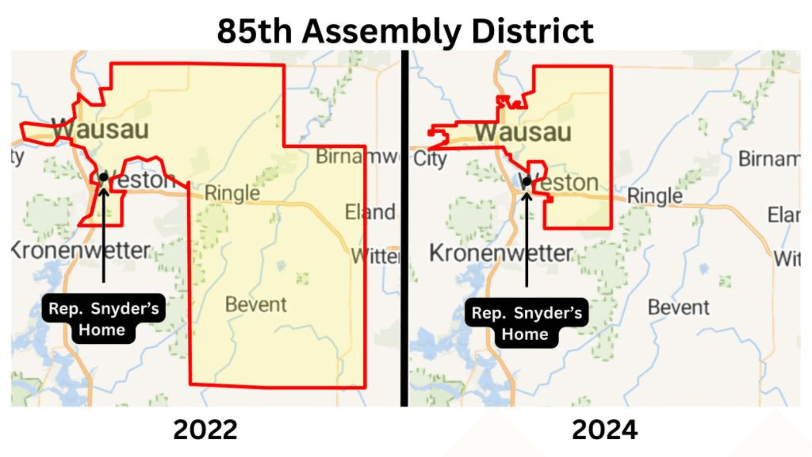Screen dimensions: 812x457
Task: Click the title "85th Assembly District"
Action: coord(405,31)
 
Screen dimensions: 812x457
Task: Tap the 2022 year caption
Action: coord(205,430)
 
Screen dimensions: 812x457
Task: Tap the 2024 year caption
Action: coord(604,430)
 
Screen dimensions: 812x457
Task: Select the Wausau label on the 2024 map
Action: coord(523,133)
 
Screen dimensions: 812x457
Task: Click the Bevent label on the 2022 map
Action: coord(256,305)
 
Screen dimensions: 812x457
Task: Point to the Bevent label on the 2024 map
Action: coord(679,307)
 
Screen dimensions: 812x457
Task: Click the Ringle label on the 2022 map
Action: coord(232,193)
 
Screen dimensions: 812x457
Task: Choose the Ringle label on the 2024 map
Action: coord(655,196)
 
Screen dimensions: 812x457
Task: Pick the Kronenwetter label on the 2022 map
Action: coord(81,250)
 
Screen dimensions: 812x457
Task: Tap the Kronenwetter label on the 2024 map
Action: coord(501,253)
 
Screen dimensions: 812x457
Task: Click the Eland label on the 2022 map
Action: coord(370,212)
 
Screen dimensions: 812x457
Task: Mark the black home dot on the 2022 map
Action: coord(104,177)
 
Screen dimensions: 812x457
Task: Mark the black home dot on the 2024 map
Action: coord(527,181)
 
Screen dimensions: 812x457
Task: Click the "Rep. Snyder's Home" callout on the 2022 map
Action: coord(104,318)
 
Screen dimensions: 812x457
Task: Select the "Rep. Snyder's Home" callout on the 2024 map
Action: coord(526,323)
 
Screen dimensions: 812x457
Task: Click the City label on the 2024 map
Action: coord(430,159)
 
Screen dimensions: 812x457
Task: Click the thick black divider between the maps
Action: coord(404,228)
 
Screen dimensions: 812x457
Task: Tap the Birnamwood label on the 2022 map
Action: coord(357,156)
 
